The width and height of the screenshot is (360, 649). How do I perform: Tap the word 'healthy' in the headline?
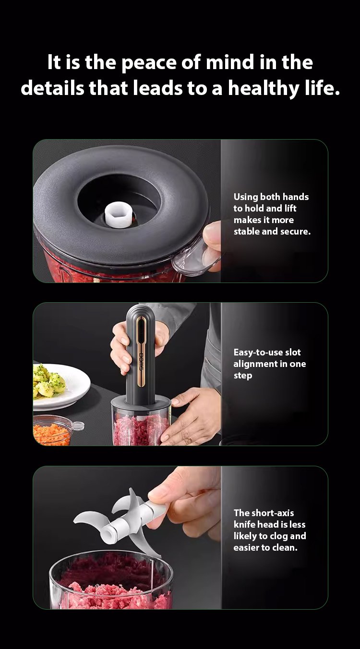(263, 88)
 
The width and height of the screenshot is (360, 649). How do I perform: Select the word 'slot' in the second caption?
(293, 352)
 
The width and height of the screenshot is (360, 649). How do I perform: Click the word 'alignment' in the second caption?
(255, 364)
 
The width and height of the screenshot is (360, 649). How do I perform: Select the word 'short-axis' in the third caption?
(273, 513)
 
